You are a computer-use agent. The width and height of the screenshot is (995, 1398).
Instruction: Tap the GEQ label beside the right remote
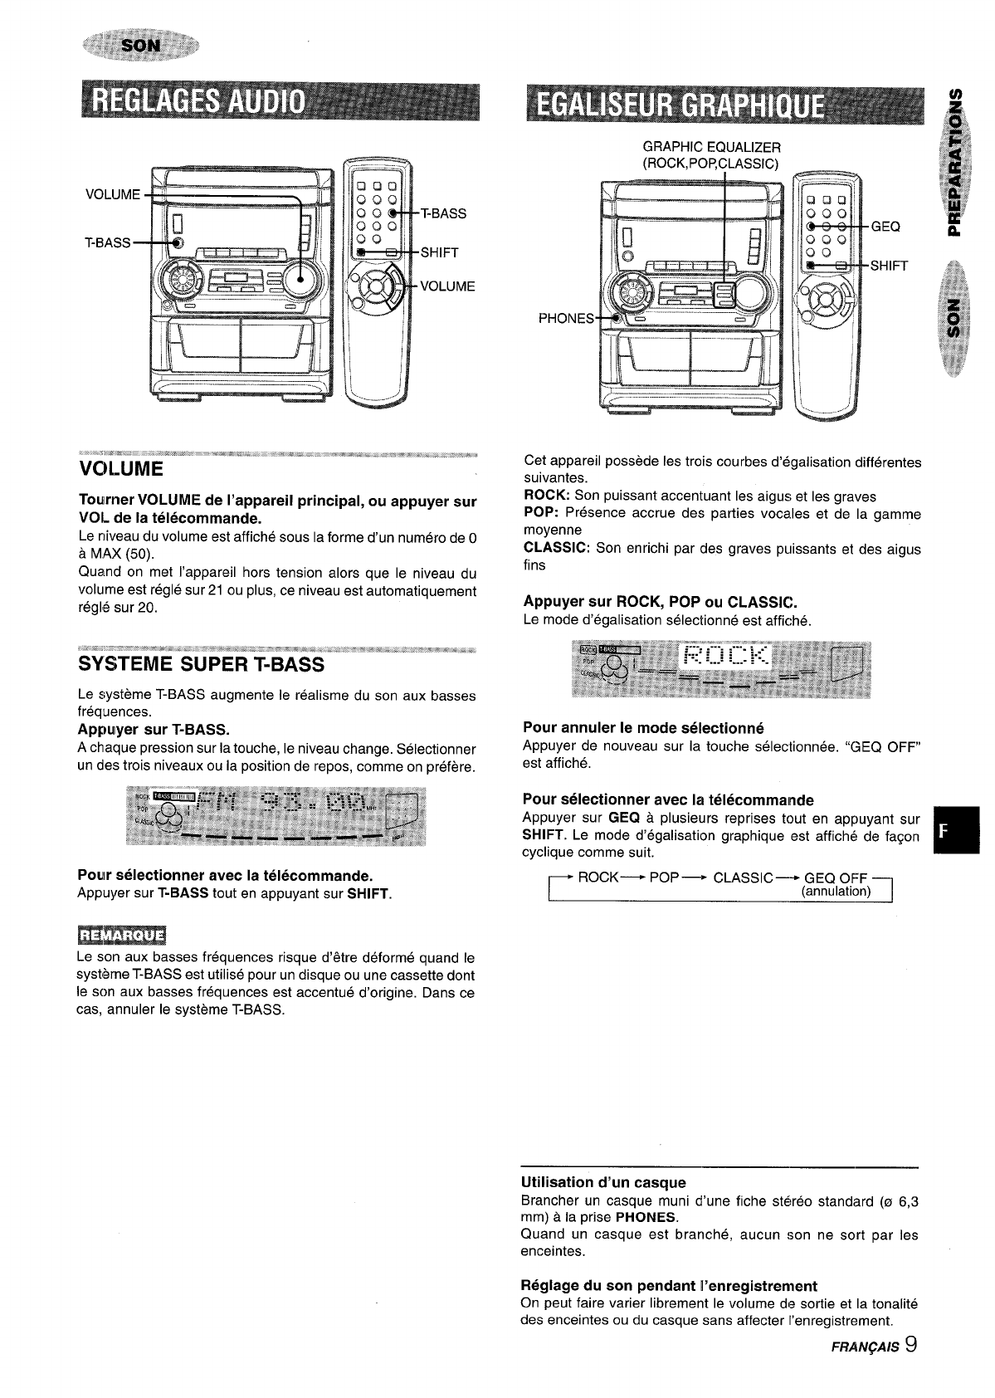pyautogui.click(x=885, y=226)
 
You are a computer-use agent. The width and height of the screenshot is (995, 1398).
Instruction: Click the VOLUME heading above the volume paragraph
pyautogui.click(x=121, y=469)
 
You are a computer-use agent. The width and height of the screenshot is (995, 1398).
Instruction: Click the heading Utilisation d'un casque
pyautogui.click(x=602, y=1182)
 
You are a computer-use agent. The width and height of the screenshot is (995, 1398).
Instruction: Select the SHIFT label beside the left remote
pyautogui.click(x=440, y=252)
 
